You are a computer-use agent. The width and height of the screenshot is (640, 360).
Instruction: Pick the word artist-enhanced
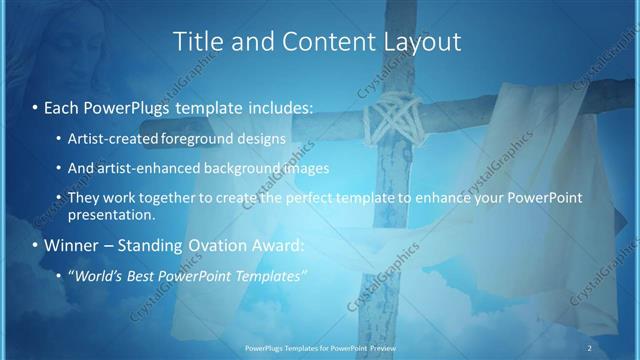coord(146,168)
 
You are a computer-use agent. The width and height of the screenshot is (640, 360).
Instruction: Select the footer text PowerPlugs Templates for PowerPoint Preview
coord(319,348)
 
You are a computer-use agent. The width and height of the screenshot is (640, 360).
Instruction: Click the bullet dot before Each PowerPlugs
coord(35,104)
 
